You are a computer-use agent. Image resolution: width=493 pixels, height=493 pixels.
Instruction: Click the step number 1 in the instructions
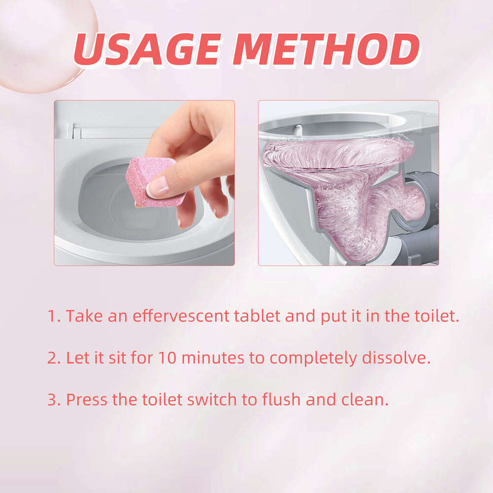(52, 316)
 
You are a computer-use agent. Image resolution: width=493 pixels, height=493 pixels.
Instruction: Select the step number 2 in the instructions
(52, 358)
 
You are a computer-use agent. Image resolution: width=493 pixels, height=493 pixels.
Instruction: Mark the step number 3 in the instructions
(52, 399)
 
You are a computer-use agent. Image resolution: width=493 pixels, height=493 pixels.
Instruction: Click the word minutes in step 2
(212, 358)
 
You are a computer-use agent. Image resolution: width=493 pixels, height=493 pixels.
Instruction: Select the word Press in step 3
(86, 399)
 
